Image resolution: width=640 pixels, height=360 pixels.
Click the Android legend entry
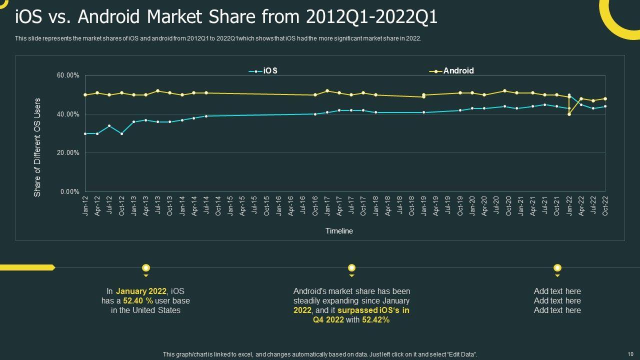(x=452, y=71)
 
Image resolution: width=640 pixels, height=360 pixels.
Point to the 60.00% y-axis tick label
(x=68, y=75)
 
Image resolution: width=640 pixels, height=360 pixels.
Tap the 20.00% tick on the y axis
(x=68, y=153)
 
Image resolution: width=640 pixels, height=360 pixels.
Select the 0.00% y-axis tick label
(x=69, y=192)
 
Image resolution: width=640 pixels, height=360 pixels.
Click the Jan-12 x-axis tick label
(x=85, y=205)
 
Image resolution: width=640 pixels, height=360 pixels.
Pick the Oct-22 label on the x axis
(x=605, y=205)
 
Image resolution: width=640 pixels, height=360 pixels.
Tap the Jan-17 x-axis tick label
(x=327, y=205)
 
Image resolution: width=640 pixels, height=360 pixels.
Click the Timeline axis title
(x=339, y=231)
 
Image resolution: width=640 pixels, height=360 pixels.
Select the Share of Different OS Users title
(x=37, y=147)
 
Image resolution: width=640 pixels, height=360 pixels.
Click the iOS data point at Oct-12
(x=121, y=133)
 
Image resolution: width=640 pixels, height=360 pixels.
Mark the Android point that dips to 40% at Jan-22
(x=569, y=114)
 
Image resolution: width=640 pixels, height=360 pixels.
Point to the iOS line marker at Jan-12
(x=85, y=133)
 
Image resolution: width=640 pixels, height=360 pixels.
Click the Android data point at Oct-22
(x=605, y=98)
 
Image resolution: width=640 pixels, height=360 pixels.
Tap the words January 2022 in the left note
(x=141, y=291)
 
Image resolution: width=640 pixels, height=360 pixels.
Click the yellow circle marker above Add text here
(x=557, y=268)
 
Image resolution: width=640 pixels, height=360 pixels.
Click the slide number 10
(x=629, y=354)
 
